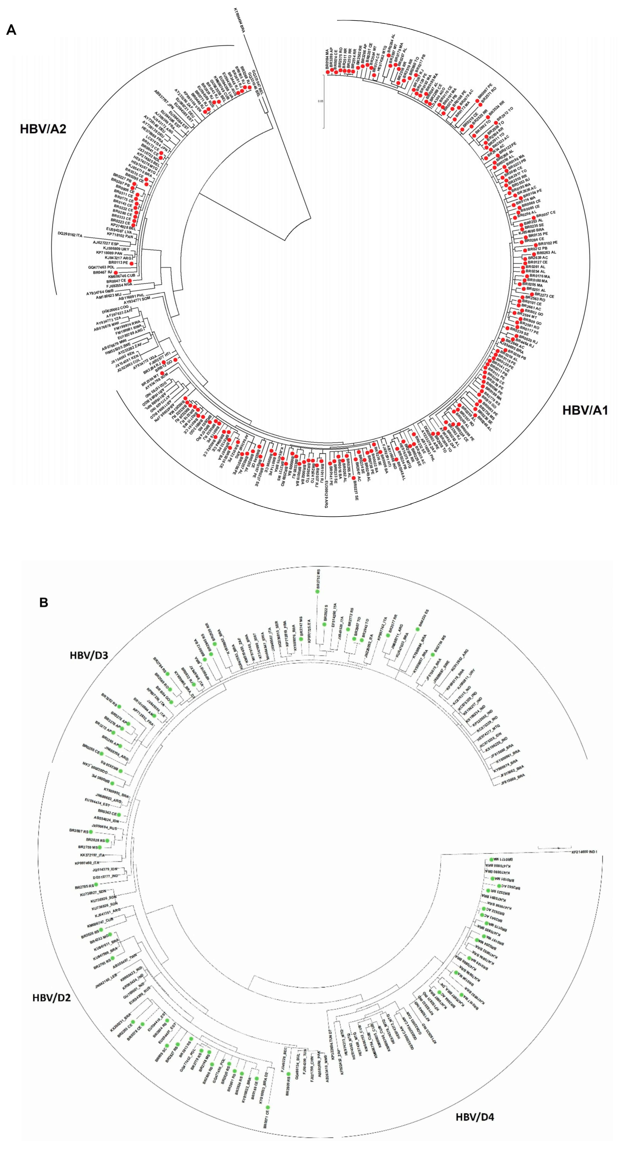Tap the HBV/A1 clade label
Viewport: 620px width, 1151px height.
coord(585,410)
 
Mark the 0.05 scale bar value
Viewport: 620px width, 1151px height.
coord(320,101)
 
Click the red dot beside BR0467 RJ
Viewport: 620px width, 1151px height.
coord(116,272)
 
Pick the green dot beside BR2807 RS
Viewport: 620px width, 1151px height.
coord(91,832)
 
